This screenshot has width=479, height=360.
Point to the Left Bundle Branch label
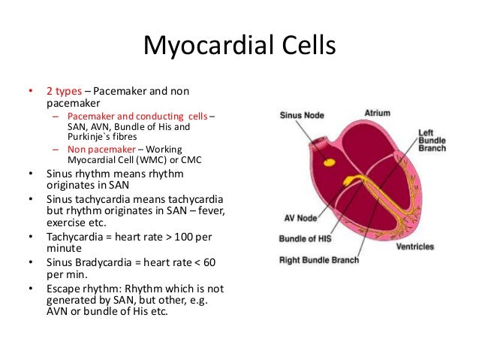[x=432, y=141]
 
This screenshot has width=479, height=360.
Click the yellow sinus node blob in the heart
[x=328, y=161]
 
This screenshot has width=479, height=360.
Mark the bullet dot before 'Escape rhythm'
[x=31, y=289]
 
